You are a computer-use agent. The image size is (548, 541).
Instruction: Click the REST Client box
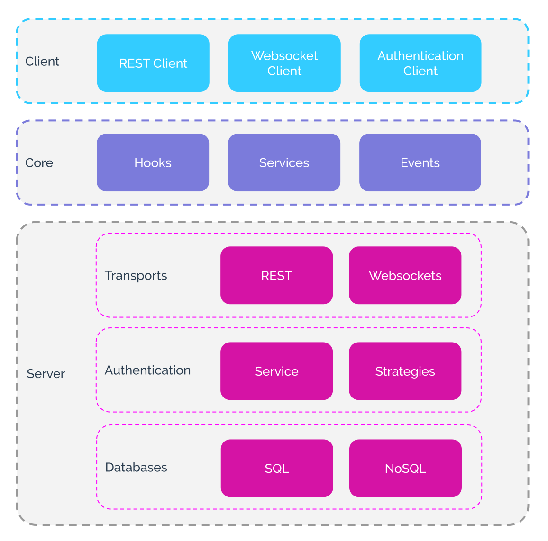click(x=153, y=63)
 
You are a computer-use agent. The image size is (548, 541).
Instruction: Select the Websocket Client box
click(x=284, y=63)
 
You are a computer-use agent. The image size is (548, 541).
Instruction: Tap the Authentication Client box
click(x=420, y=63)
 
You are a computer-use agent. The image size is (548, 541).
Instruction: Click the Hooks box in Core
click(x=153, y=162)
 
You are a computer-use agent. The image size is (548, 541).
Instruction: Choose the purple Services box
click(x=284, y=162)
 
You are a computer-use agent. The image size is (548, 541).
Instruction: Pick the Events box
click(x=420, y=162)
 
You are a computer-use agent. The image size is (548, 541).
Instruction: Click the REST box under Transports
click(x=276, y=275)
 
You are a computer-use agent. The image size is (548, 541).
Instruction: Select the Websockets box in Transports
click(x=405, y=275)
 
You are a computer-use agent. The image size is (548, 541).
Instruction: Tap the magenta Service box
click(x=276, y=371)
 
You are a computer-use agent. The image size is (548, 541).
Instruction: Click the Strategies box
click(x=405, y=371)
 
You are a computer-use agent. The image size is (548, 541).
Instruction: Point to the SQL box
click(x=277, y=468)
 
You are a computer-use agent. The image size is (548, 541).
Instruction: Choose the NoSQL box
click(x=405, y=468)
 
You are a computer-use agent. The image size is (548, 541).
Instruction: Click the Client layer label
click(x=42, y=62)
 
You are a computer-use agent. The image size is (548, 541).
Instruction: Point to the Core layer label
click(x=39, y=163)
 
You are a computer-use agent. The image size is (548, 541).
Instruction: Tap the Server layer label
click(x=46, y=374)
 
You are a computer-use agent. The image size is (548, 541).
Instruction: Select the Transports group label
click(x=136, y=276)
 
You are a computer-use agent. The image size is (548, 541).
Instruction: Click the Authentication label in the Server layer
click(x=147, y=370)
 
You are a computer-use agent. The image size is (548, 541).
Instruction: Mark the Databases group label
click(x=136, y=468)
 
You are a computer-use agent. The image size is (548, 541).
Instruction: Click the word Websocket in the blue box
click(x=284, y=56)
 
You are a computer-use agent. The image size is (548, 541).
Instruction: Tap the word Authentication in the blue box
click(x=420, y=56)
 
